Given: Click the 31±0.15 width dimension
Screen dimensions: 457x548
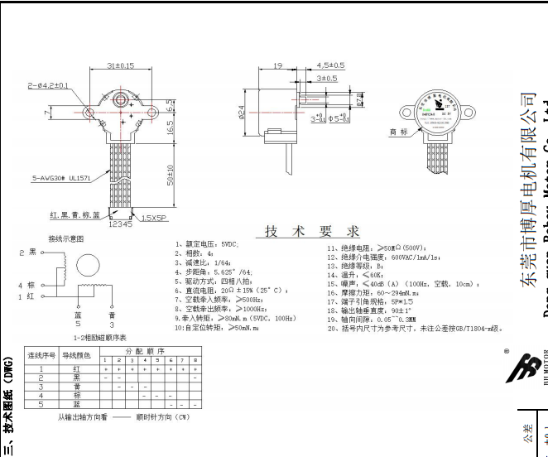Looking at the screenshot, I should [x=121, y=65].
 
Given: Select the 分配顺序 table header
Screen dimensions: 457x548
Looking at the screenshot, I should [x=148, y=351].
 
